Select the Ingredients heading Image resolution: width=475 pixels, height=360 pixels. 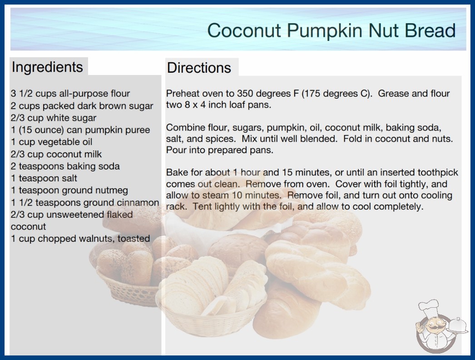pos(47,67)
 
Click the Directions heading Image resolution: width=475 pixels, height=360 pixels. pos(199,68)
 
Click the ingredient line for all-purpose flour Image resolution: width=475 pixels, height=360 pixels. pos(70,94)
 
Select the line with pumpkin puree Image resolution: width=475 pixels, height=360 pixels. pos(80,130)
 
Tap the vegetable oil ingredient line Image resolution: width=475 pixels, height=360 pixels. pos(51,142)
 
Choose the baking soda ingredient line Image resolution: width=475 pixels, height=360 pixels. pos(65,166)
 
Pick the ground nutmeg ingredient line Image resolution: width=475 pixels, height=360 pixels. pos(69,190)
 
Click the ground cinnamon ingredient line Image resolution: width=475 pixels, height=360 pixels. pos(85,203)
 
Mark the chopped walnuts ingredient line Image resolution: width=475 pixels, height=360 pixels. pos(80,239)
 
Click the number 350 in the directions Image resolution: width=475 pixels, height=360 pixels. pos(246,94)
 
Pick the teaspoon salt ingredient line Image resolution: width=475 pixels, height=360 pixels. pos(44,178)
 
